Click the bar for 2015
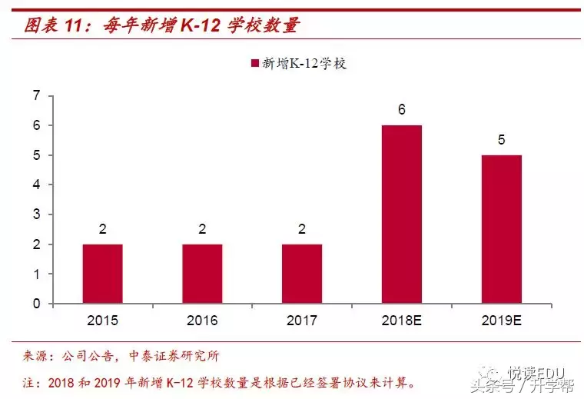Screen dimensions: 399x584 pyautogui.click(x=103, y=274)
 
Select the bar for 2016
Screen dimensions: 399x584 pyautogui.click(x=202, y=274)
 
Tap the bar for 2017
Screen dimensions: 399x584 pyautogui.click(x=302, y=274)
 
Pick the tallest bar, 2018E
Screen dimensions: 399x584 pyautogui.click(x=402, y=214)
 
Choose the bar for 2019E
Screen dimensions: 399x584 pyautogui.click(x=501, y=229)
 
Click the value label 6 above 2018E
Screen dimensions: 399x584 pyautogui.click(x=402, y=110)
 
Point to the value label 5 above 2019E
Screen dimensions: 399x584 pyautogui.click(x=501, y=140)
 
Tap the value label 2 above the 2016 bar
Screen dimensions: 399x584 pyautogui.click(x=202, y=229)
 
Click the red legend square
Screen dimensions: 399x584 pyautogui.click(x=254, y=64)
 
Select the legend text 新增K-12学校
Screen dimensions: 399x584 pyautogui.click(x=305, y=64)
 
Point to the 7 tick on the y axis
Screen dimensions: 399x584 pyautogui.click(x=36, y=95)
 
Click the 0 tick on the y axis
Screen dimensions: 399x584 pyautogui.click(x=36, y=304)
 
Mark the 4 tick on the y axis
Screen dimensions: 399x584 pyautogui.click(x=36, y=185)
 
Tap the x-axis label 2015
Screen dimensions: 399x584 pyautogui.click(x=103, y=320)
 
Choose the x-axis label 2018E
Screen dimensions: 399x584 pyautogui.click(x=402, y=320)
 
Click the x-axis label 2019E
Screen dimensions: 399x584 pyautogui.click(x=501, y=320)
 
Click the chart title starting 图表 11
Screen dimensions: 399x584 pyautogui.click(x=161, y=25)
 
